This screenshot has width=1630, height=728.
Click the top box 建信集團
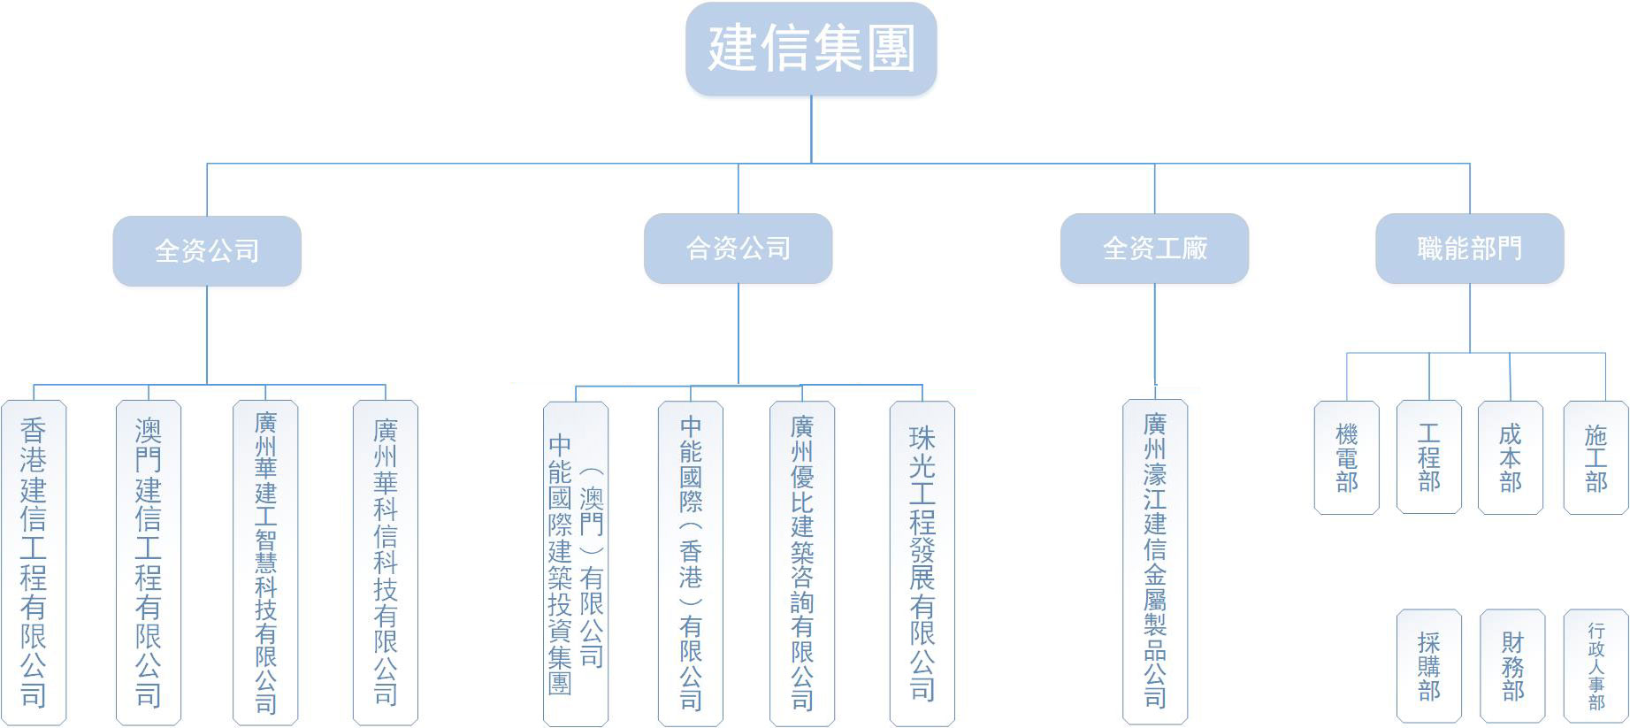pos(811,49)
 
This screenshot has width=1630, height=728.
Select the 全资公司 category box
pos(207,250)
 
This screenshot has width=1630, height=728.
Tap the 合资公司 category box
pos(738,249)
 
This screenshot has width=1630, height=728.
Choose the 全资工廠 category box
pos(1154,249)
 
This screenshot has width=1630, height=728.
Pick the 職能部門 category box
pos(1469,249)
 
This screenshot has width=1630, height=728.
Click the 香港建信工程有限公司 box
pos(34,563)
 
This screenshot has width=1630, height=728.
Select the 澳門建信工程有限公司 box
pos(149,563)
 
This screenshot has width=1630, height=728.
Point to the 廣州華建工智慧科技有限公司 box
pos(265,563)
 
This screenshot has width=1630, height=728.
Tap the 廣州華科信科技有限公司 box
pos(385,563)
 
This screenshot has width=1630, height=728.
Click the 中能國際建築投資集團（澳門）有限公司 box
pos(576,564)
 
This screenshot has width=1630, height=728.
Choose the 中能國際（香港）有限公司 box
pos(691,564)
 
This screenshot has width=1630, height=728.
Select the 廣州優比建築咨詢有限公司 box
pos(802,564)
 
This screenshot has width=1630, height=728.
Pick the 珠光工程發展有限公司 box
pos(922,564)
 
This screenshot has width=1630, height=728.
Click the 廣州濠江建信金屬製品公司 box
pos(1155,563)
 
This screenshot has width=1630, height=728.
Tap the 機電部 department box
pos(1346,457)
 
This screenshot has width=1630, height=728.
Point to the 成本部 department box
pos(1510,457)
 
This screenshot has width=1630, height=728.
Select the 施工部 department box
pos(1596,457)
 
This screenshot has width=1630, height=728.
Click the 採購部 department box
pos(1428,666)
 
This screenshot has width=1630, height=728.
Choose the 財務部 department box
pos(1512,666)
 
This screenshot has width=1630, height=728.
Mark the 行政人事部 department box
pos(1596,666)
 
